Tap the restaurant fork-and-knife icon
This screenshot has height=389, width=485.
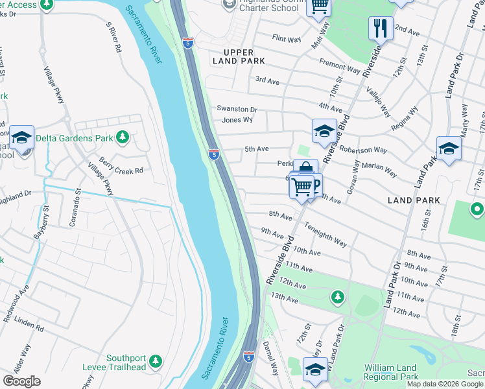379,28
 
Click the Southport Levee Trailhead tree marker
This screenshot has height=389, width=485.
155,360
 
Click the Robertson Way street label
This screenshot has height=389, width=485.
363,149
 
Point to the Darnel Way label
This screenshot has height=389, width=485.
270,358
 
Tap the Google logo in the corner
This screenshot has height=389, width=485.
21,381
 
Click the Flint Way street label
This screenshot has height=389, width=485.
287,40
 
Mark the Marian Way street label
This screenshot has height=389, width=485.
380,169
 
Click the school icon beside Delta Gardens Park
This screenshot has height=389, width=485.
21,138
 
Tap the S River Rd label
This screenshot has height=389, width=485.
113,38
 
